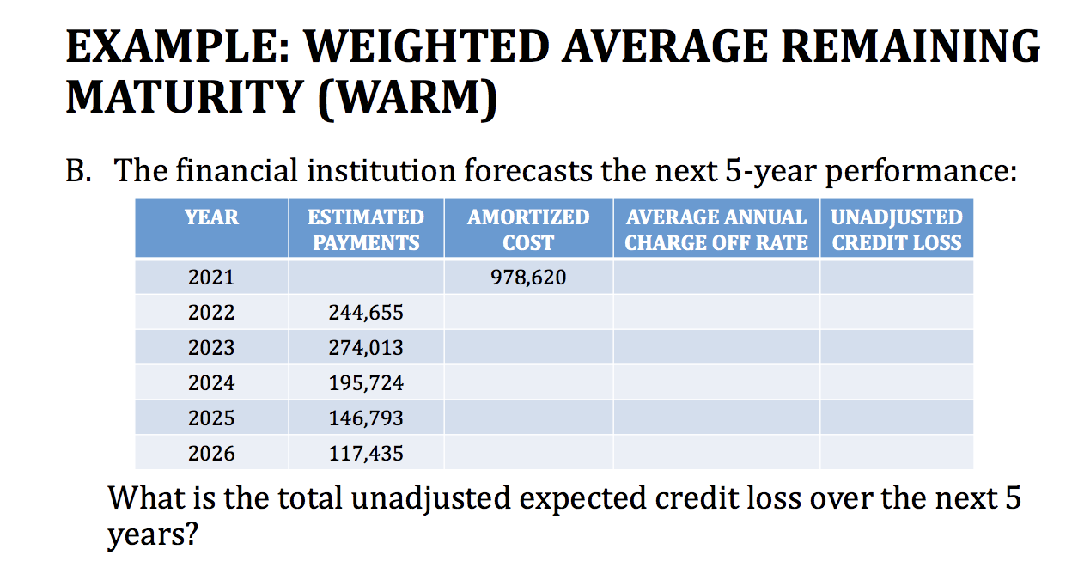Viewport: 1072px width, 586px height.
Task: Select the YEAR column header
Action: tap(211, 217)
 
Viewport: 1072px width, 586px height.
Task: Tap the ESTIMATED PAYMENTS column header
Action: tap(366, 229)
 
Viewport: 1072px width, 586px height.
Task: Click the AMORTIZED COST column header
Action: tap(528, 229)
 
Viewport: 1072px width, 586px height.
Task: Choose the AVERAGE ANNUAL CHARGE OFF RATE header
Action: tap(716, 229)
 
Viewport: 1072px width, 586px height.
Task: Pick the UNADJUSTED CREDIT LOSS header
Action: tap(897, 229)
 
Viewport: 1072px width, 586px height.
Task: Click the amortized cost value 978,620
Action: tap(528, 278)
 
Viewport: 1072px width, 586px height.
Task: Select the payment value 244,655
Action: tap(366, 313)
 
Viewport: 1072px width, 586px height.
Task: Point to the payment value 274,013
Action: tap(366, 348)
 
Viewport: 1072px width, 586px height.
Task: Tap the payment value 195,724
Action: tap(366, 383)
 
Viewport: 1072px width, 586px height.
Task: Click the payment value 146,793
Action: tap(366, 418)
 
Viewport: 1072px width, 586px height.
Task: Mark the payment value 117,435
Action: tap(366, 454)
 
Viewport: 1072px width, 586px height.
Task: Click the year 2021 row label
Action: tap(211, 278)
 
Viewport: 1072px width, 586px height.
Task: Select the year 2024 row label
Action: tap(211, 383)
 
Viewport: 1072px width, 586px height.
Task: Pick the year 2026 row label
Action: tap(211, 454)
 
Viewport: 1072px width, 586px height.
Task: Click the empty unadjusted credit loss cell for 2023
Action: tap(897, 347)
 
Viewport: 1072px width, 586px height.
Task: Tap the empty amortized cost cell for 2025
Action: tap(528, 418)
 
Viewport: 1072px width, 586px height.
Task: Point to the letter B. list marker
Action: tap(79, 172)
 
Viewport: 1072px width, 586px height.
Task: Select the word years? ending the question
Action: tap(152, 536)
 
